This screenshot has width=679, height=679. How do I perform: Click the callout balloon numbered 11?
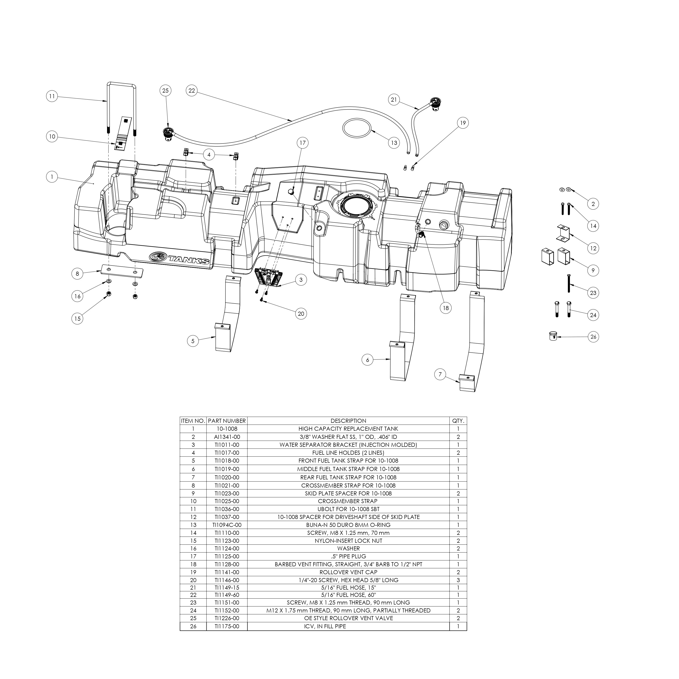(x=52, y=96)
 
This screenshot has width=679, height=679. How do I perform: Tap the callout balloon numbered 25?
(x=165, y=91)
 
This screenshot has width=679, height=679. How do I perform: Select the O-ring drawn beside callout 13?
(x=357, y=129)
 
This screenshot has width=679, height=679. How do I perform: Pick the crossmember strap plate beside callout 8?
(x=122, y=271)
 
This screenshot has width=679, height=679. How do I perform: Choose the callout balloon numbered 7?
(x=440, y=374)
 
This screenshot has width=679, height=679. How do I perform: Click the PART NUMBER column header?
(x=227, y=421)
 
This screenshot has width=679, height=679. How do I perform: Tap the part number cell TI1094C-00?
(x=227, y=525)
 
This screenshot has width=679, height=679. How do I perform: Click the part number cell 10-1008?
(x=227, y=429)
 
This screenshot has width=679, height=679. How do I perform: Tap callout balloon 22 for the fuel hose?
(x=191, y=91)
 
